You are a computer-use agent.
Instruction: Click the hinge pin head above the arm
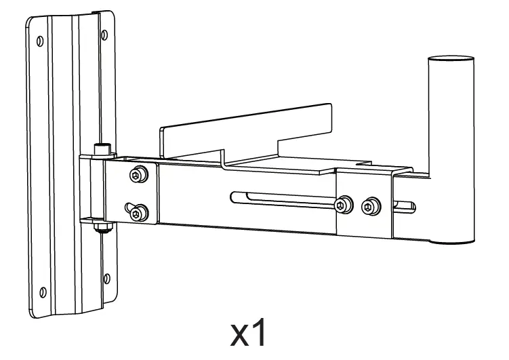click(102, 147)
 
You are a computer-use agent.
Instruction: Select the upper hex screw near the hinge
click(138, 176)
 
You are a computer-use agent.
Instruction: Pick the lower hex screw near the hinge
click(138, 214)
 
